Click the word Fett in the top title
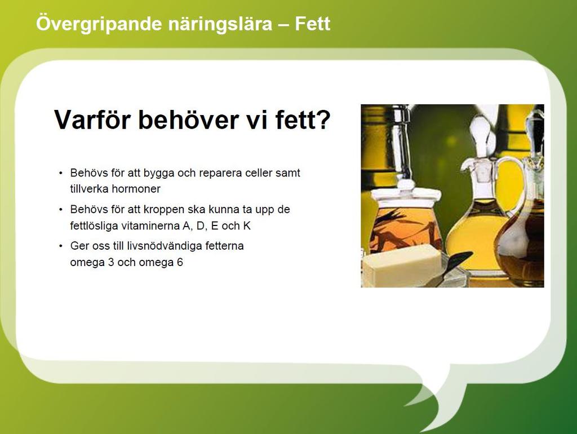[x=312, y=24]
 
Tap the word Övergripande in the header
[x=99, y=24]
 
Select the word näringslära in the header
[x=220, y=24]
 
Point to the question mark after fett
[x=323, y=119]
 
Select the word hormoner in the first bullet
[x=136, y=189]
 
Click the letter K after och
[x=247, y=225]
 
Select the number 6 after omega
[x=180, y=263]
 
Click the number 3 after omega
[x=111, y=263]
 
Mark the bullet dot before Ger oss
[x=61, y=246]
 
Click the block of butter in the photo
[x=402, y=264]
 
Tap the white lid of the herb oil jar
[x=406, y=196]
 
